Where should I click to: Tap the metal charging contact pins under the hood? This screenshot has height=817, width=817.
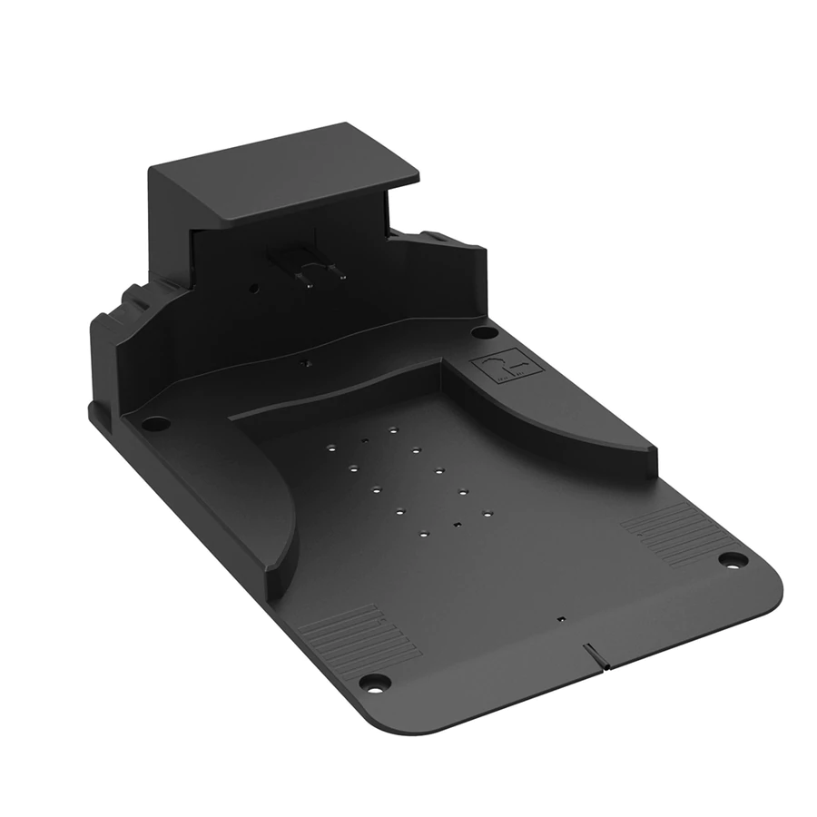tap(312, 271)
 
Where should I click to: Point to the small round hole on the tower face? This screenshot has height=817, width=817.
tap(253, 288)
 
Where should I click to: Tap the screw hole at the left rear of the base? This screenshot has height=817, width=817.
tap(155, 423)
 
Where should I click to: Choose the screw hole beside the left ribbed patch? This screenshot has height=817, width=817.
tap(373, 681)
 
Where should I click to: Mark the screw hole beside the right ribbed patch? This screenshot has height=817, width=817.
tap(732, 559)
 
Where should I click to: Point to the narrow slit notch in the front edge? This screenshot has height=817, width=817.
tap(594, 655)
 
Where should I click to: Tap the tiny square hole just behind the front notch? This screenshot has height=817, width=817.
tap(562, 619)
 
